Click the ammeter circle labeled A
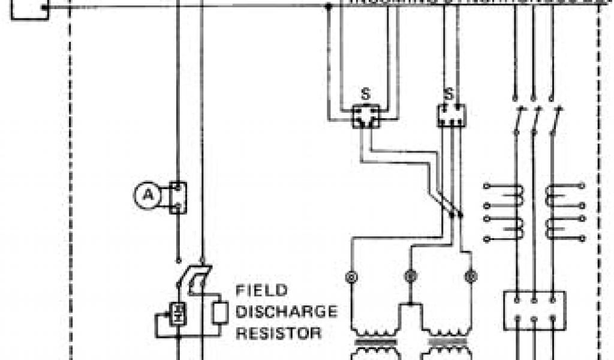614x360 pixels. point(144,196)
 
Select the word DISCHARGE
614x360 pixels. point(287,311)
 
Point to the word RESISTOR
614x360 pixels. point(278,332)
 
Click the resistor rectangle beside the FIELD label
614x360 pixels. point(219,312)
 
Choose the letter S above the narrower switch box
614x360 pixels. point(449,94)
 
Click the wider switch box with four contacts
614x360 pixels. point(366,115)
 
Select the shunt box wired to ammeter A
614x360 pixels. point(177,197)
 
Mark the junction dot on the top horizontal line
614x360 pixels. point(328,7)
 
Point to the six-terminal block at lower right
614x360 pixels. point(534,310)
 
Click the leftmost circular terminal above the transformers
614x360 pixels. point(351,277)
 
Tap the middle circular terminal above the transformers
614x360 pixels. point(410,277)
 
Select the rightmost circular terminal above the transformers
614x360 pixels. point(470,277)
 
